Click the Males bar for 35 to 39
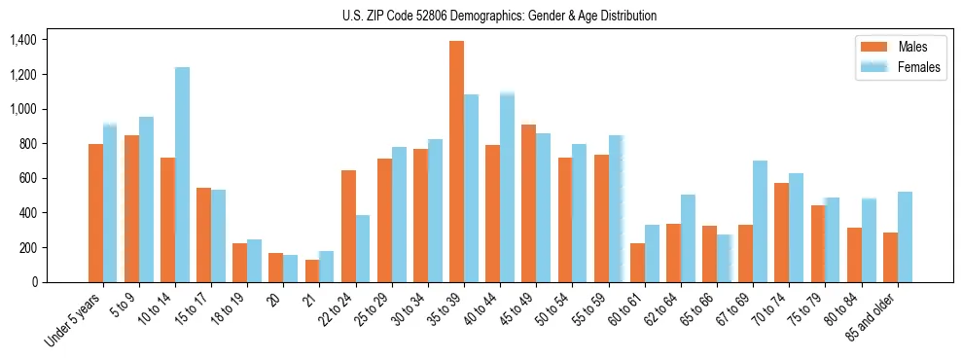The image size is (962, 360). point(456,162)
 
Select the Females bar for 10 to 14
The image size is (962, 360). point(182,175)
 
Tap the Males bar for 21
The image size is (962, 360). point(312,270)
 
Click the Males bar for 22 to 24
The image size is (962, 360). point(348,226)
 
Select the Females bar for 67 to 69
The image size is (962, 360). point(760,221)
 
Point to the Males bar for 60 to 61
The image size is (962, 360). point(637,263)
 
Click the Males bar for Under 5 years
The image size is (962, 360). point(95,213)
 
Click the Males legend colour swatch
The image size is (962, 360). point(873,47)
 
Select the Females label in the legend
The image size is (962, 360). point(919,67)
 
